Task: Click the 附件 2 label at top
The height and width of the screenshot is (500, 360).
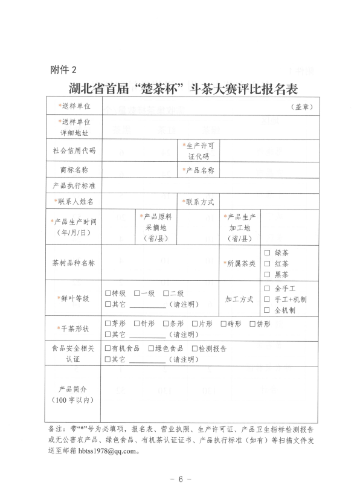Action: [x=63, y=70]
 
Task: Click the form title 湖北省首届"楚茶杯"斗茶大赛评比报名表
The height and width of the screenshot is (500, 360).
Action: [x=179, y=88]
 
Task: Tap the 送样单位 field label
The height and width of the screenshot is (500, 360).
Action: [x=74, y=106]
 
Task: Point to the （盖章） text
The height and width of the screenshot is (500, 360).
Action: [x=300, y=107]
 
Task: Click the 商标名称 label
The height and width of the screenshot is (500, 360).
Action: [x=74, y=171]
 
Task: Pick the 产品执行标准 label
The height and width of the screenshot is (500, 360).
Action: [x=74, y=185]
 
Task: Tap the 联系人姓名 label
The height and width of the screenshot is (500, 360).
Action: [x=74, y=200]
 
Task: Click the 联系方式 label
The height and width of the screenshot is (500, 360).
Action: [x=198, y=200]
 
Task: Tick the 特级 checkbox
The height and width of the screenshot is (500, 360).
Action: [x=108, y=293]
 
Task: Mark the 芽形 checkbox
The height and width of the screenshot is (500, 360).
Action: [x=108, y=323]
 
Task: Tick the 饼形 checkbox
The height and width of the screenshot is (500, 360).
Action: [x=252, y=323]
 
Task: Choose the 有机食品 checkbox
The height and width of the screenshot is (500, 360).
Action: [x=108, y=348]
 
